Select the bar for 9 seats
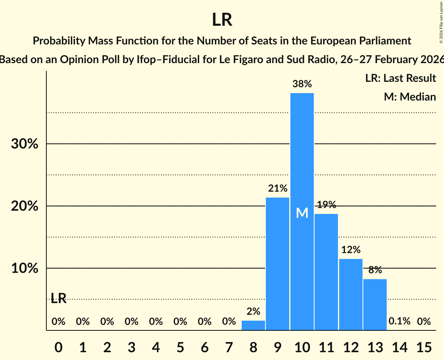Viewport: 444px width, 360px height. [x=278, y=264]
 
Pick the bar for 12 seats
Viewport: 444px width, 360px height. [x=351, y=295]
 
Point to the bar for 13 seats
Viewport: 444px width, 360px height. [x=375, y=305]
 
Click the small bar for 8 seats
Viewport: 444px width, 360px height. [x=253, y=326]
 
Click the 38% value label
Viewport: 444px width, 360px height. [x=302, y=84]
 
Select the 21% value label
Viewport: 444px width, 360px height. [x=278, y=189]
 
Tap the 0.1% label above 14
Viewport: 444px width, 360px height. [x=400, y=321]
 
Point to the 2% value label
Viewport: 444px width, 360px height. [x=253, y=312]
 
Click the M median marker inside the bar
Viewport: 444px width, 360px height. [x=302, y=213]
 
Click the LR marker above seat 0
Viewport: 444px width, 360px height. [x=58, y=299]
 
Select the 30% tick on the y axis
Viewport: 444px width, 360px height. [x=25, y=144]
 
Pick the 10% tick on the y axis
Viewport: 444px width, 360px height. [x=25, y=269]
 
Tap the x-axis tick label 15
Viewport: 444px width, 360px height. [x=424, y=346]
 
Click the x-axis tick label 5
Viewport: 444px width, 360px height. [x=180, y=346]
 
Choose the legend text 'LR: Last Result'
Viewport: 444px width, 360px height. [x=401, y=78]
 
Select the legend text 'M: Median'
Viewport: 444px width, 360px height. [x=410, y=97]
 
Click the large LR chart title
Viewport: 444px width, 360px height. [x=222, y=20]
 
